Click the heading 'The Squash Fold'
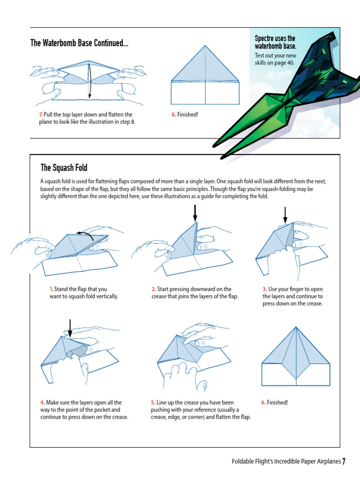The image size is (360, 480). [64, 168]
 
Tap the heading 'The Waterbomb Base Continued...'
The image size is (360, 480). [79, 43]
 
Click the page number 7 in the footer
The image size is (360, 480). [344, 461]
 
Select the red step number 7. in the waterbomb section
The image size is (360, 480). [41, 114]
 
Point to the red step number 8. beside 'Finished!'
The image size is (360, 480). [173, 114]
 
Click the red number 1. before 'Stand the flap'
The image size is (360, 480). [52, 289]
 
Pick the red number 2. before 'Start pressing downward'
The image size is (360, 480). [154, 289]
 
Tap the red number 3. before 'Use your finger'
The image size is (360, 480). [265, 289]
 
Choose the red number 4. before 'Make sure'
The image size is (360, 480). [43, 403]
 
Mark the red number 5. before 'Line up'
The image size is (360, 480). [153, 403]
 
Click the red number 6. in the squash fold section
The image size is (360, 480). [263, 403]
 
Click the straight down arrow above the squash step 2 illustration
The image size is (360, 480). [195, 213]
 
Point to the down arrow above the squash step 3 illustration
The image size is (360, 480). [285, 215]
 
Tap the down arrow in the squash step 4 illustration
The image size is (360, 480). [70, 329]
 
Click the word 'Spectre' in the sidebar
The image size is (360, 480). [264, 38]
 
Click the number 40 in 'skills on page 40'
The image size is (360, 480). [291, 63]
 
